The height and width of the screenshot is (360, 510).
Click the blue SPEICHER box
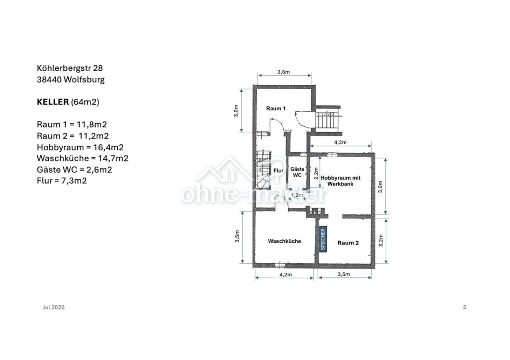coord(323,239)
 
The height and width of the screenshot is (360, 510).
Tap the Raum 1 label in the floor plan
coord(276,108)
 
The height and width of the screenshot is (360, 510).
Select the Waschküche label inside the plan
coord(284,241)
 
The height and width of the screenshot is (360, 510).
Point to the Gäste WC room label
coord(297,172)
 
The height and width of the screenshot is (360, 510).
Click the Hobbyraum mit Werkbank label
coord(340,181)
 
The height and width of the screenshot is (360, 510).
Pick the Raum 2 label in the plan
coord(348,243)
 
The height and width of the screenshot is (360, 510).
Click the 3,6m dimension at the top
coord(283,72)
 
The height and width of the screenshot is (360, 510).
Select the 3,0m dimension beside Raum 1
coord(236,111)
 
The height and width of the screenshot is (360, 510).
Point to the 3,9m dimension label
coord(380,186)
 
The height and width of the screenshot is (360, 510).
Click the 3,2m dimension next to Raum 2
coord(381,240)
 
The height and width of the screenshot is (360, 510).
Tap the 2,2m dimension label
coord(316,174)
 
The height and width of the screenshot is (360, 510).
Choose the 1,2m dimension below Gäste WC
coord(297,195)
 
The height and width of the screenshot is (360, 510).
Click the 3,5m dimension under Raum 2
coord(344,274)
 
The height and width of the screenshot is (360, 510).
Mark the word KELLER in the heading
coord(53,102)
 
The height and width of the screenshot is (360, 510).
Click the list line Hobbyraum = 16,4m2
coord(80,148)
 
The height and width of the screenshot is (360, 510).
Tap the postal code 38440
coord(49,80)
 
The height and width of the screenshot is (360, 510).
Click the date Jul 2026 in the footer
coord(54,307)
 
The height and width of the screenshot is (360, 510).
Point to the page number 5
coord(465,307)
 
